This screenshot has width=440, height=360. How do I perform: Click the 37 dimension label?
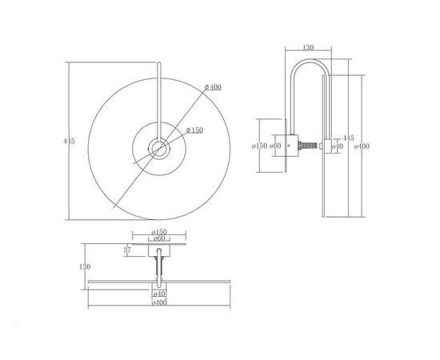pos(127,250)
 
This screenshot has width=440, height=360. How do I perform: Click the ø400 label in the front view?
pos(213,87)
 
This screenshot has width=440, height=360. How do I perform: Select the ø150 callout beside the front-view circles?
pos(194,130)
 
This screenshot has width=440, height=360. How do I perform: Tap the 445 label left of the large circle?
pos(69,141)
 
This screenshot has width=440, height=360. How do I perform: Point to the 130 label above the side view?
pos(308,48)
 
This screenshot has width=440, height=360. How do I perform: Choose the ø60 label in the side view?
pos(275,146)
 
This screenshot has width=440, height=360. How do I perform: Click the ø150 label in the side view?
pos(259,146)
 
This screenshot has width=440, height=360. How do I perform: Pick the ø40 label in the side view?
pos(338,146)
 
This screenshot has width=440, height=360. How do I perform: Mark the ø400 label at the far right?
pos(362,146)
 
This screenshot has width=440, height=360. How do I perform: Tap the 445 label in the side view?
pos(348,138)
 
